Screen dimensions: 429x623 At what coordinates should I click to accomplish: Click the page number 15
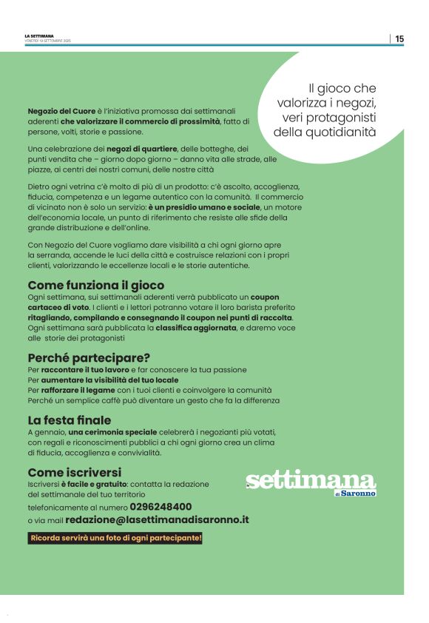tap(399, 39)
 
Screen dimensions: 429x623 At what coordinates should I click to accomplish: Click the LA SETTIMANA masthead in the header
tap(39, 36)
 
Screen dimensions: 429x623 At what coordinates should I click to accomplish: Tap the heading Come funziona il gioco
tap(96, 285)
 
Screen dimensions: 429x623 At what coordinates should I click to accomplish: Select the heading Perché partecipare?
tap(89, 357)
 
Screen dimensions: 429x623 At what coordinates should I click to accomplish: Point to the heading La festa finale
tap(70, 420)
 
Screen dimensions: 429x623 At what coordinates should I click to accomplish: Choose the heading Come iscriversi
tap(75, 472)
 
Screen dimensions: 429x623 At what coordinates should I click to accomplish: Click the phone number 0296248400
tap(161, 507)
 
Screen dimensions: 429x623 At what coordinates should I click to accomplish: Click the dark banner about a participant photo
tap(115, 538)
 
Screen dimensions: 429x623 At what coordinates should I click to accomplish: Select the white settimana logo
tap(311, 481)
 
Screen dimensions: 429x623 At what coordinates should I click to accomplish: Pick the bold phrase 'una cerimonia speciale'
tap(113, 431)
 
